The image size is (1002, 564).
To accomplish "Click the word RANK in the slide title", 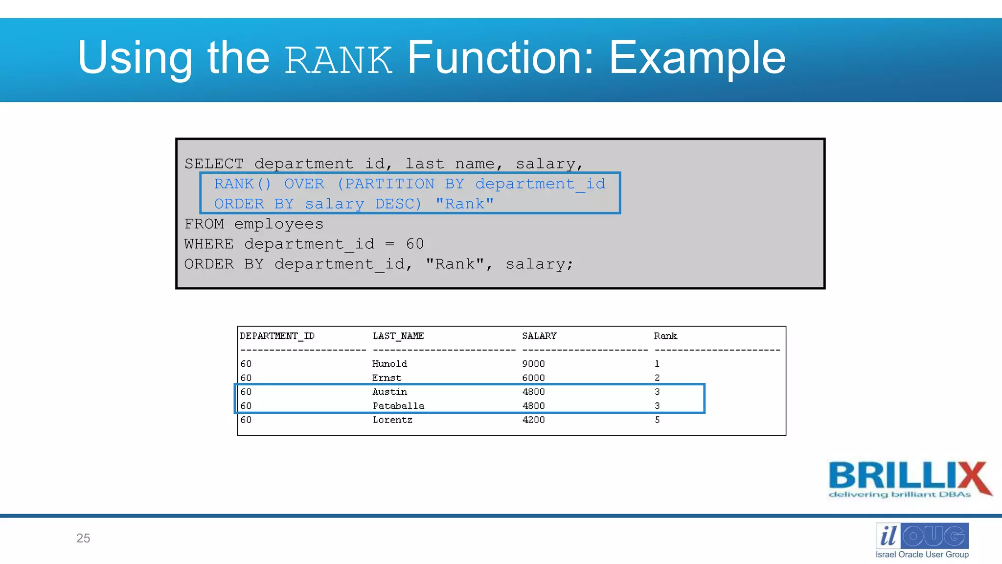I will [338, 60].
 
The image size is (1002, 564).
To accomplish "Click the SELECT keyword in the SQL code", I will [214, 164].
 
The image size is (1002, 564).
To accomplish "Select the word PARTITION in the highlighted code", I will [390, 184].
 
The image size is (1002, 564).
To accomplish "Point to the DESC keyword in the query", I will [398, 204].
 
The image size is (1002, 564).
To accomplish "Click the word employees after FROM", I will [278, 224].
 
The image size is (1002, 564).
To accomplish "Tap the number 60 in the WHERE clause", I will [414, 244].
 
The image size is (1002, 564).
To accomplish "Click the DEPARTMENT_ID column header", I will [277, 336].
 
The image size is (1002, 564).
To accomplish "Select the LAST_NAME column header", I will [398, 336].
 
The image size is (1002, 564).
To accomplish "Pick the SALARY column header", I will [539, 336].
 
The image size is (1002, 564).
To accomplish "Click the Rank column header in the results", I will [665, 336].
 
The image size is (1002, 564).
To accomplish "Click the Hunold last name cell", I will [389, 364].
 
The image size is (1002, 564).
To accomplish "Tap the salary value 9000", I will [533, 364].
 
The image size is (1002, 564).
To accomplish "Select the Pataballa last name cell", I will [398, 406].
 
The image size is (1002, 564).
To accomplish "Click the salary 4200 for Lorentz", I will [533, 420].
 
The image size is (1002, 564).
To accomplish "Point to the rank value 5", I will [657, 420].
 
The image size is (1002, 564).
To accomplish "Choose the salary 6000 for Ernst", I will [533, 378].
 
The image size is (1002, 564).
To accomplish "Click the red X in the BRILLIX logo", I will [973, 478].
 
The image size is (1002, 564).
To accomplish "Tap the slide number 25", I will [83, 538].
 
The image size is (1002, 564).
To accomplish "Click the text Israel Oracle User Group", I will [922, 554].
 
